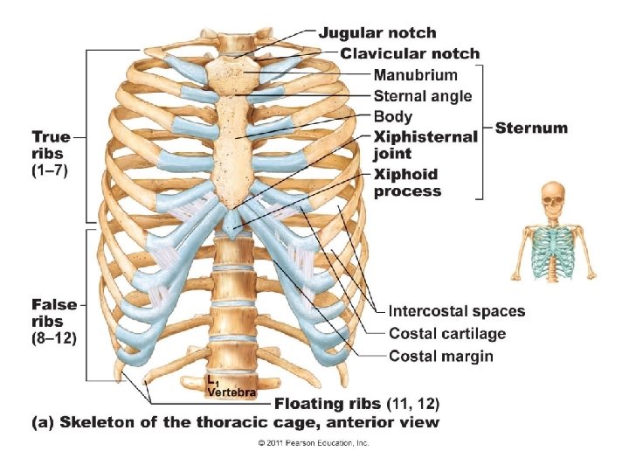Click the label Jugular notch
tap(377, 33)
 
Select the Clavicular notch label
tap(410, 54)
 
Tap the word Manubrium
tap(415, 75)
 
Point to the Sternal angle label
tap(422, 96)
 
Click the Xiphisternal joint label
tap(425, 145)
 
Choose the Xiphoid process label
tap(407, 182)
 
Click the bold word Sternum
tap(531, 128)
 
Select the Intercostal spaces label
tap(457, 311)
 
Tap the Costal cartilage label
tap(447, 334)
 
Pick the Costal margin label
tap(441, 356)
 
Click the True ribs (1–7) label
tap(50, 153)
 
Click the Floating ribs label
tap(328, 404)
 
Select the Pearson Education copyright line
tap(313, 443)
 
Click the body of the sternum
tap(234, 140)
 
